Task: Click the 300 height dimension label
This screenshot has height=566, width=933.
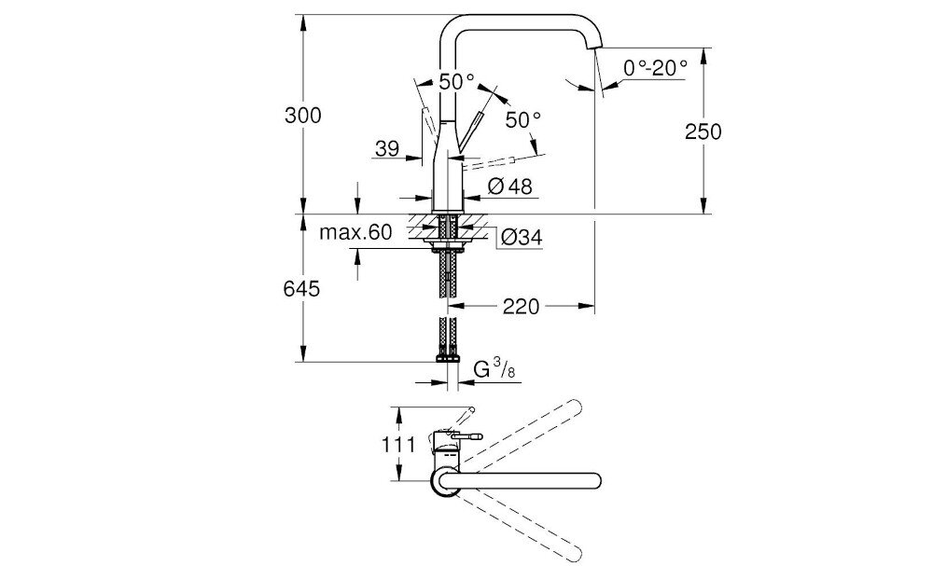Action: (x=302, y=116)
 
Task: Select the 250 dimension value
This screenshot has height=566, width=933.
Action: (x=703, y=131)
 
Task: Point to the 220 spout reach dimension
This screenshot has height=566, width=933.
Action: (x=521, y=306)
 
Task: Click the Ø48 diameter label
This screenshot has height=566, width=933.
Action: (x=509, y=186)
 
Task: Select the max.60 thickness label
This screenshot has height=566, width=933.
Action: (x=355, y=232)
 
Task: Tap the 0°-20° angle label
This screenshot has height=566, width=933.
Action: (x=656, y=67)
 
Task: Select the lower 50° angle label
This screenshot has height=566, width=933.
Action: (x=523, y=119)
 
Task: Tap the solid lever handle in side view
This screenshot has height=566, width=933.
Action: (x=472, y=126)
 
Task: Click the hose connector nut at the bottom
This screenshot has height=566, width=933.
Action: (x=447, y=356)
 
